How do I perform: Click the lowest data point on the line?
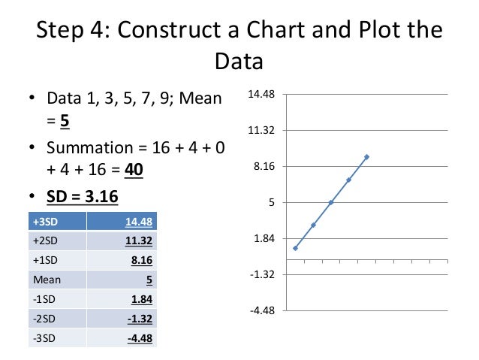coord(296,248)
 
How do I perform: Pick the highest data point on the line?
coord(367,156)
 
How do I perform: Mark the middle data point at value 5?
coord(331,202)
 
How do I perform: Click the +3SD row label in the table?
coord(47,221)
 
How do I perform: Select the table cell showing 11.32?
coord(140,241)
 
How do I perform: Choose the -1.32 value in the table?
coord(139,319)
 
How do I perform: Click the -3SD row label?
coord(45,338)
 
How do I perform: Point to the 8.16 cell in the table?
coord(142,260)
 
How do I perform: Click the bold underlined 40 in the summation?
coord(134,169)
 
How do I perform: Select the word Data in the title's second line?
coord(239,61)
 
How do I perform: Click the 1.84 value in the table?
coord(142,299)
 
